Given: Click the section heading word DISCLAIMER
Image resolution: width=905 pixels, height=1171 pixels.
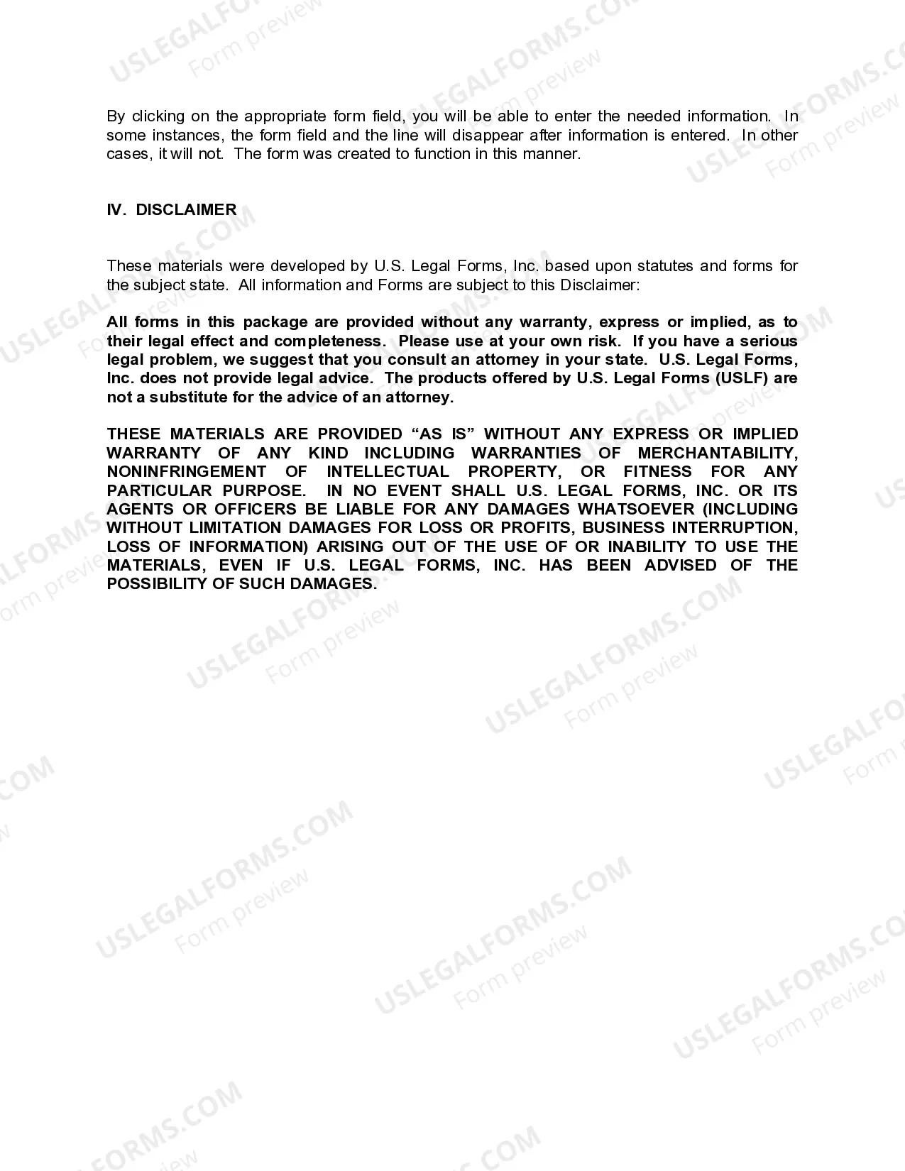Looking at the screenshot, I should (186, 209).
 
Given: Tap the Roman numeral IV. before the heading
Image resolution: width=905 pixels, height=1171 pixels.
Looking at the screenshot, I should (116, 209).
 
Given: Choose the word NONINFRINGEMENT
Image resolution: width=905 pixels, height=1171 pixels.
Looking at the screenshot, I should (187, 472).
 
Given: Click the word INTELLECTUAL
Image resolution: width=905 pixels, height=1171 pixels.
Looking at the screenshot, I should (388, 472).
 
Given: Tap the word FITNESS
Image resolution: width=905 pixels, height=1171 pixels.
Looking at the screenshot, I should (657, 472).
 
